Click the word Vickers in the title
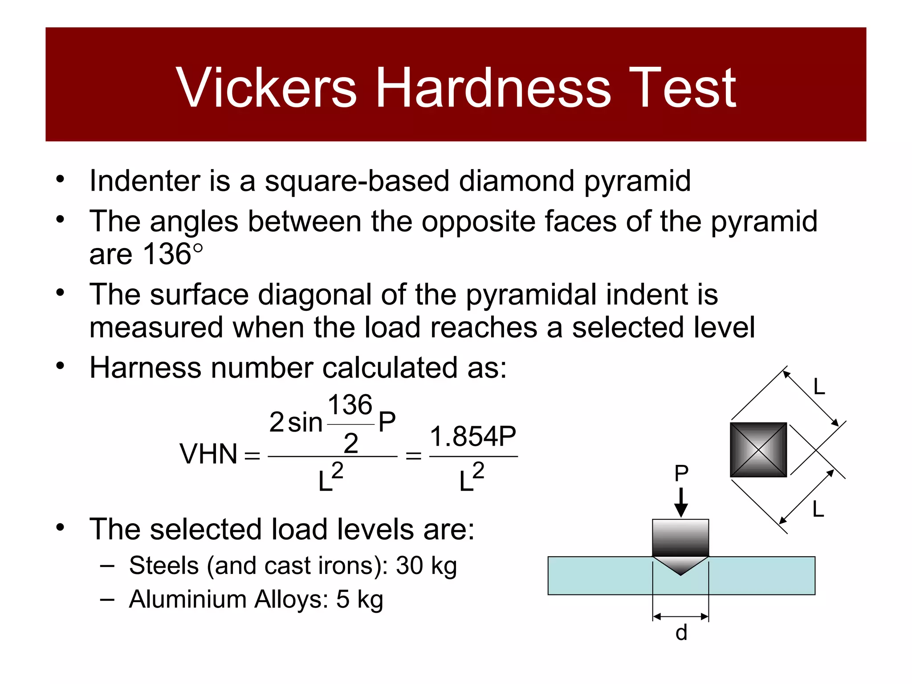tap(266, 88)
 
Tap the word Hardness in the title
tap(493, 88)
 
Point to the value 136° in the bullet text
tap(173, 254)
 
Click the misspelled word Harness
tap(146, 368)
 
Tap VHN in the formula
tap(208, 454)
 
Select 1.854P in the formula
tap(473, 436)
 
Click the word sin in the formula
tap(305, 422)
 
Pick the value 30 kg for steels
tap(426, 566)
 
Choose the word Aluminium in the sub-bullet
tap(187, 599)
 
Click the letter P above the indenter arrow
tap(681, 473)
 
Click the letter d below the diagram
tap(681, 633)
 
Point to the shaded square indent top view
tap(758, 450)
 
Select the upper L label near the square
tap(819, 387)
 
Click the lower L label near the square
tap(818, 509)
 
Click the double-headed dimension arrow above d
tap(680, 617)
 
